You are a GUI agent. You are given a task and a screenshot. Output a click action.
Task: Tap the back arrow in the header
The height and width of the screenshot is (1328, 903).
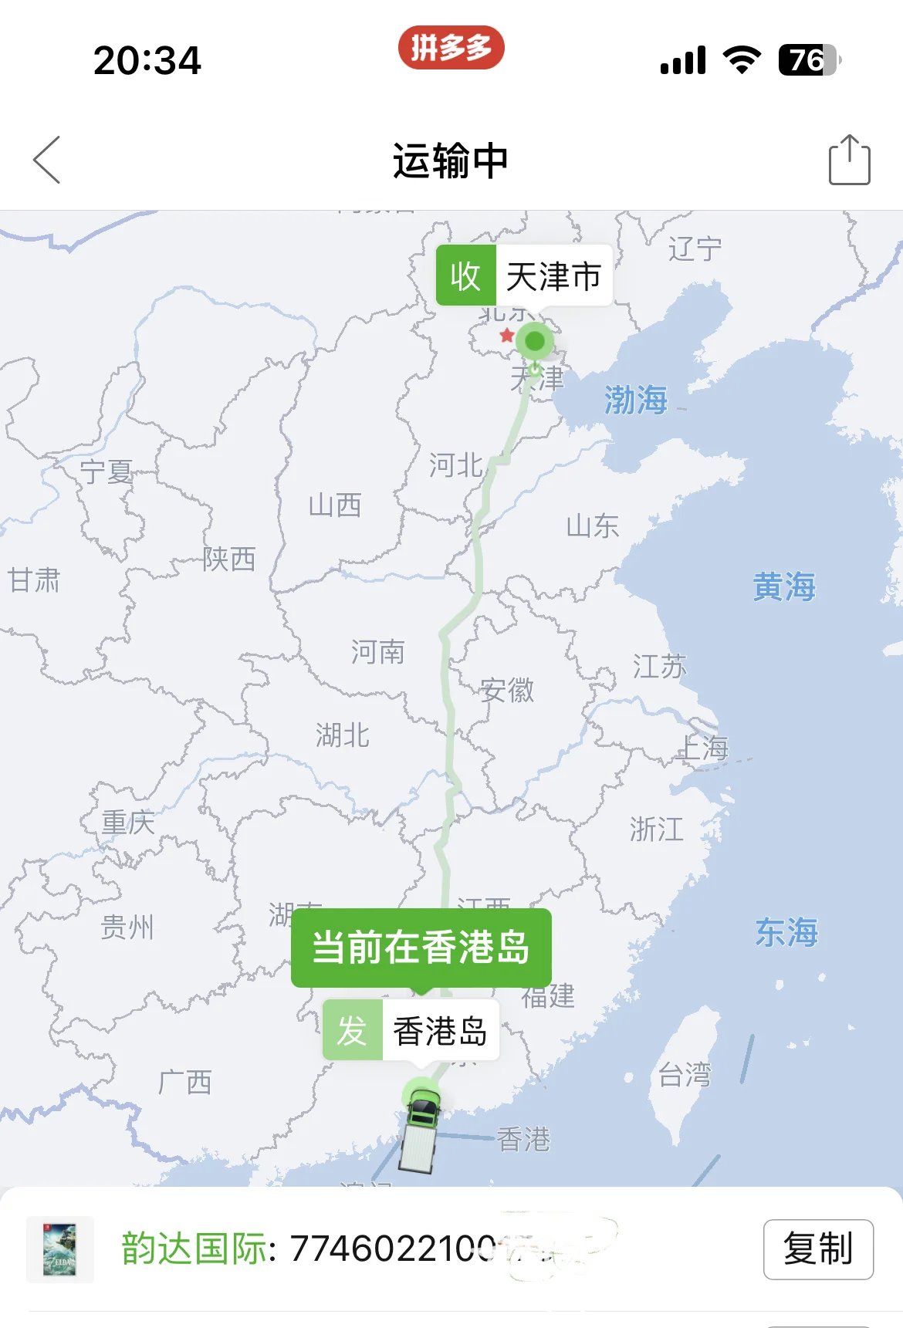coord(47,160)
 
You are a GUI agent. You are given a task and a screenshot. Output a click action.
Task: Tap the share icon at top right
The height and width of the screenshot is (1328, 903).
coord(849,160)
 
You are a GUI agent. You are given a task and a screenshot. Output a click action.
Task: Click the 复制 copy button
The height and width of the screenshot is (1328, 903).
coord(818,1249)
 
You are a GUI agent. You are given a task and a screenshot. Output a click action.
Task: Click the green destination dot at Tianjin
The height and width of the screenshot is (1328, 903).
coord(535,341)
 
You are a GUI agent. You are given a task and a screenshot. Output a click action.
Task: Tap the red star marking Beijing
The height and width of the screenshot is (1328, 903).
coord(506,335)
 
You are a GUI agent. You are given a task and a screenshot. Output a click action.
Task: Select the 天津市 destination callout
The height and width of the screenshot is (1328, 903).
coord(524,275)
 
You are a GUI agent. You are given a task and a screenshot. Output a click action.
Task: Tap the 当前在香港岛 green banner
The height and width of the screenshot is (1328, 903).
coord(421,947)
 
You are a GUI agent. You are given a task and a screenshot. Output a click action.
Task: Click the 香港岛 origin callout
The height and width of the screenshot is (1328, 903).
coord(411,1030)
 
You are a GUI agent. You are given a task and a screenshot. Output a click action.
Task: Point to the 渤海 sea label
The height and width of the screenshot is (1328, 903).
coord(635,400)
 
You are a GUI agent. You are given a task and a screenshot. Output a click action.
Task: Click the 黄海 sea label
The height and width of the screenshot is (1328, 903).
coord(784,586)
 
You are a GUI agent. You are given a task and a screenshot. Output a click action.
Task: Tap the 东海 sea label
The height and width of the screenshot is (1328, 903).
coord(786,932)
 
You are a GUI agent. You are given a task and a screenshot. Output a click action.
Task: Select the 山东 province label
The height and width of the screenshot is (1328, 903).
coord(592,526)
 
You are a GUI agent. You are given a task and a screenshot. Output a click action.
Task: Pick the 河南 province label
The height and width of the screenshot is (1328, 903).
coord(377,652)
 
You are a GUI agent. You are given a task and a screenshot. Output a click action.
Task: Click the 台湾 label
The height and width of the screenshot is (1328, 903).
coord(684,1074)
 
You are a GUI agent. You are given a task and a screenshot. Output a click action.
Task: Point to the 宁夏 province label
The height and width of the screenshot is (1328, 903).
coord(107,471)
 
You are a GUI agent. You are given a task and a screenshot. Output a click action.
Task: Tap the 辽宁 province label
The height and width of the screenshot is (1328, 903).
coord(695,248)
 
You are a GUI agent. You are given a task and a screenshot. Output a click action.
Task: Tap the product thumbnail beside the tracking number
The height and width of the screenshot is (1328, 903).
coord(60,1249)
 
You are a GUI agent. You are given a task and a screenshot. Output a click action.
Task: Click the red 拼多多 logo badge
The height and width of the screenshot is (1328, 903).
coord(451,48)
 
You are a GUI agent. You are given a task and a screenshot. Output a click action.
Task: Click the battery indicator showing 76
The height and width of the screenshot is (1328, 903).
coord(807,60)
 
